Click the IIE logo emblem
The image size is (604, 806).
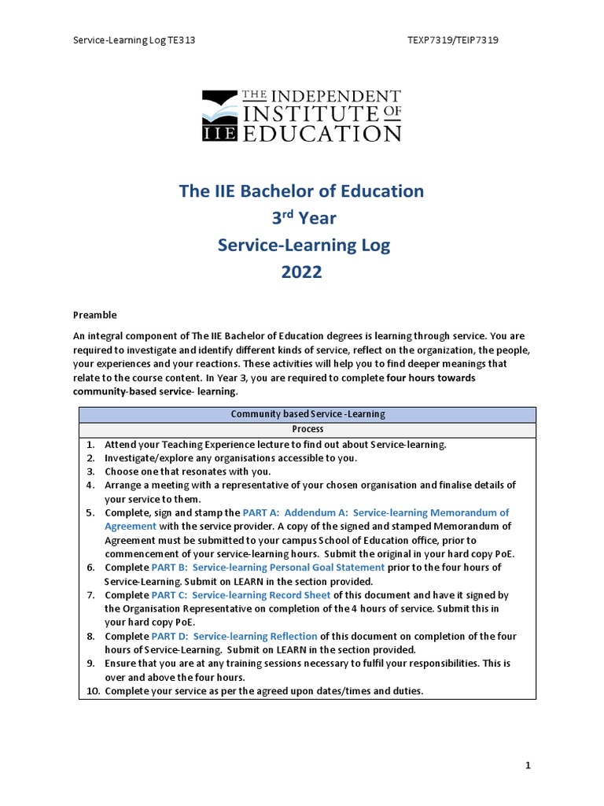tap(219, 116)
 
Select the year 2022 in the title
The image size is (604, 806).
tap(302, 272)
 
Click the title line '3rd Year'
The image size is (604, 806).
tap(302, 218)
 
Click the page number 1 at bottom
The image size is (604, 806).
tap(528, 765)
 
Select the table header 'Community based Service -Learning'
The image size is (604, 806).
tap(308, 415)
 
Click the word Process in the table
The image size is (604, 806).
tap(308, 430)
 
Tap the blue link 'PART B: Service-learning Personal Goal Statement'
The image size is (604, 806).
tap(268, 567)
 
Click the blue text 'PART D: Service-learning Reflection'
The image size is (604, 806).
tap(234, 636)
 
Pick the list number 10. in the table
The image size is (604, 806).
tap(93, 691)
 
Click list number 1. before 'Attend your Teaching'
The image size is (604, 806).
tap(91, 444)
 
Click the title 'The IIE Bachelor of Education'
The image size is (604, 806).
tap(302, 190)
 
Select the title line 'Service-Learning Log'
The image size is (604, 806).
tap(304, 245)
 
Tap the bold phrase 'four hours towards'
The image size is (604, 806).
tap(431, 378)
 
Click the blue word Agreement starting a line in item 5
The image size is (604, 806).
tap(131, 526)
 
